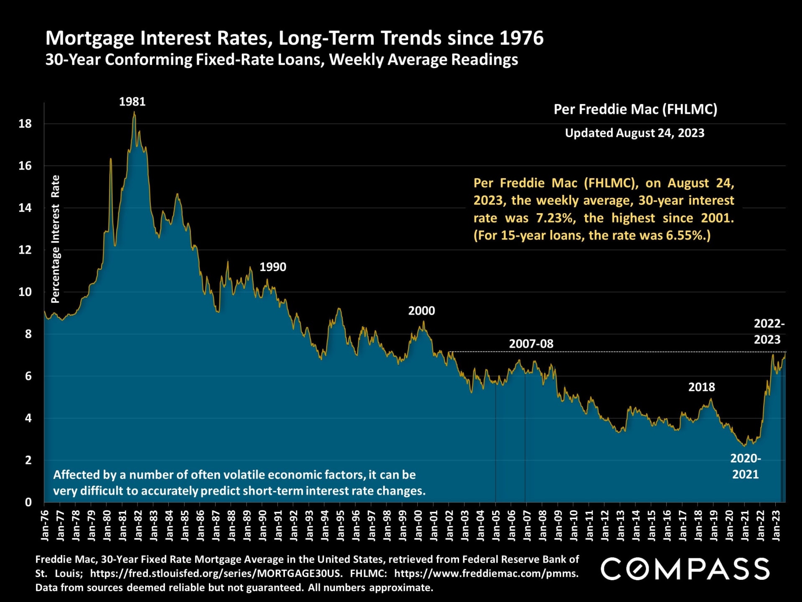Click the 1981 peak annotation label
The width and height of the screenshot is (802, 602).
click(x=132, y=102)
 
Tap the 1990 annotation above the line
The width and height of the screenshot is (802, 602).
click(x=273, y=267)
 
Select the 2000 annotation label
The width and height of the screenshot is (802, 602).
click(x=421, y=311)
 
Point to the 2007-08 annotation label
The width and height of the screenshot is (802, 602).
click(x=530, y=344)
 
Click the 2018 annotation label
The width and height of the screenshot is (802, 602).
click(x=701, y=387)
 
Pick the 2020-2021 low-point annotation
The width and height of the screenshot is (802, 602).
click(x=745, y=466)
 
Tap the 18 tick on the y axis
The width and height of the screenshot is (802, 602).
click(x=25, y=124)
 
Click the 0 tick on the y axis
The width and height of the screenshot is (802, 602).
click(x=28, y=502)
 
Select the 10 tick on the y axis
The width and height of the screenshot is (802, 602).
click(x=25, y=292)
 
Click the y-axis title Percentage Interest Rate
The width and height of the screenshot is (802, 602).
click(x=55, y=239)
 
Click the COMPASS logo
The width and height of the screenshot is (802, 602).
click(x=685, y=569)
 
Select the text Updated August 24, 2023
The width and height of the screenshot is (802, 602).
click(x=634, y=133)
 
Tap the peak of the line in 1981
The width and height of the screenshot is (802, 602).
click(x=134, y=112)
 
